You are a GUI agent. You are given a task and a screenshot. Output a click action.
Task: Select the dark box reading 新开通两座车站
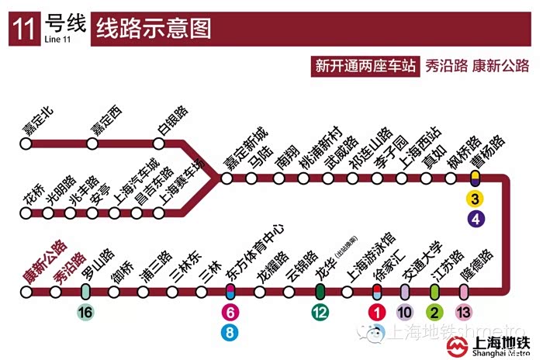pyautogui.click(x=363, y=66)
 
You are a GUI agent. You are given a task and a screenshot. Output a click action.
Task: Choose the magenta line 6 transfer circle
pyautogui.click(x=230, y=313)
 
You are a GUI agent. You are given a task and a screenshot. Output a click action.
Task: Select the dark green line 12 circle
pyautogui.click(x=320, y=313)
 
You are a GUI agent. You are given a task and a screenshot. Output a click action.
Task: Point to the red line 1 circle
pyautogui.click(x=376, y=313)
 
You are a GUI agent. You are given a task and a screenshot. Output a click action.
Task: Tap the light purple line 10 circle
pyautogui.click(x=405, y=313)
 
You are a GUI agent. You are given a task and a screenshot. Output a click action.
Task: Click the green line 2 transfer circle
pyautogui.click(x=434, y=313)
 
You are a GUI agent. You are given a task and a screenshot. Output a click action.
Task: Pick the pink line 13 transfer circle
pyautogui.click(x=464, y=313)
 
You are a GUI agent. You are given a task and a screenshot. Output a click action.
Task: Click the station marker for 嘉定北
pyautogui.click(x=26, y=144)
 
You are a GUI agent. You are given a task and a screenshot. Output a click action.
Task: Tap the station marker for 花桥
pyautogui.click(x=26, y=211)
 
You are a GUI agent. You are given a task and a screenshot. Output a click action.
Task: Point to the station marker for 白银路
pyautogui.click(x=159, y=144)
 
